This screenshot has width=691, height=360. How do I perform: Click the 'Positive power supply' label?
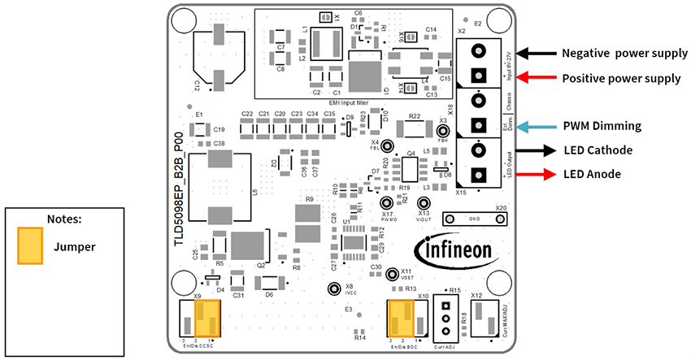621,79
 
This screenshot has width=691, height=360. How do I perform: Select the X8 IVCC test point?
332,288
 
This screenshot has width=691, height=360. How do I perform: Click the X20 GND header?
472,219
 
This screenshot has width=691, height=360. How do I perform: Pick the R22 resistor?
413,128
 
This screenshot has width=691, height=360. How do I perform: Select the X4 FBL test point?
388,147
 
